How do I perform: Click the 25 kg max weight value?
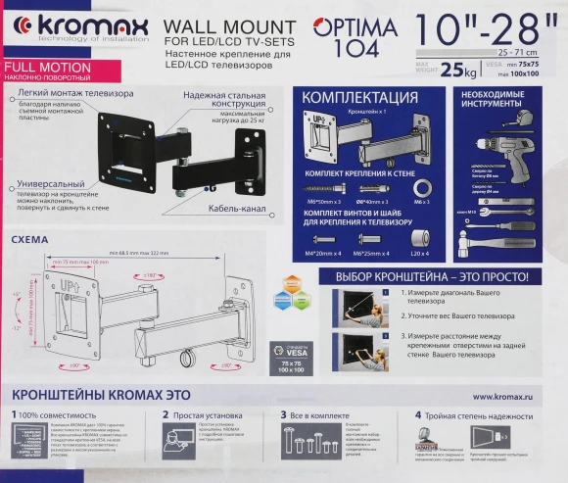click(451, 69)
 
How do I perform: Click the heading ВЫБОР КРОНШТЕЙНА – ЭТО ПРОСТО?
click(432, 276)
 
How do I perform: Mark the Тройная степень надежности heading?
click(482, 415)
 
